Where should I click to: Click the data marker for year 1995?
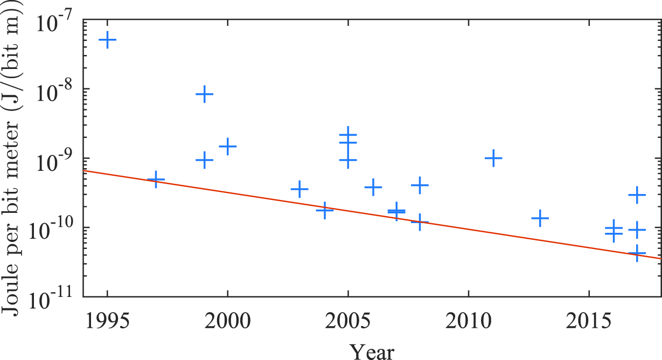107,40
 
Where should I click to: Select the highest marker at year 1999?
204,94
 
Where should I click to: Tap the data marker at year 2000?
228,146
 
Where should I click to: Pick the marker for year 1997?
156,179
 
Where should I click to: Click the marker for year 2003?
299,189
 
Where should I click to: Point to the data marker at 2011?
493,158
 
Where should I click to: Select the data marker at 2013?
540,218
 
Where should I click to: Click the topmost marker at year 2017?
637,195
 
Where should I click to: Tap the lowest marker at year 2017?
637,253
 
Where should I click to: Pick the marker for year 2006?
373,187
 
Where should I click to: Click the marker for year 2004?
324,210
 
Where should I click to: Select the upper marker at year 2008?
420,185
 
